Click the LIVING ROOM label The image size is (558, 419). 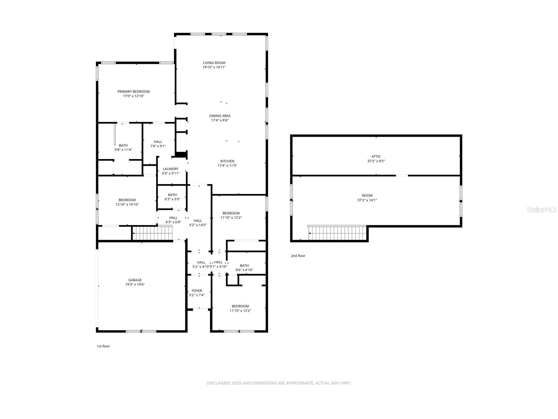click(x=214, y=63)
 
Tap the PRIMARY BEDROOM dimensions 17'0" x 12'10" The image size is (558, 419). click(x=134, y=96)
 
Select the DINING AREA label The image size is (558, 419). click(x=220, y=116)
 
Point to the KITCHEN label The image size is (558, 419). click(x=227, y=161)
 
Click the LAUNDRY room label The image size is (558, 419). click(x=170, y=169)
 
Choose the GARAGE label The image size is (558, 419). click(x=135, y=280)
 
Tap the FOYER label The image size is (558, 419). click(x=197, y=291)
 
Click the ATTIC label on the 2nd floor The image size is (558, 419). click(x=376, y=156)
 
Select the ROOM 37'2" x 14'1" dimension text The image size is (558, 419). click(x=367, y=200)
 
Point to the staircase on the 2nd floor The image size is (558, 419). click(x=337, y=233)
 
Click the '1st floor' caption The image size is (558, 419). click(x=103, y=346)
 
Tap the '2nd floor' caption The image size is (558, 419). click(x=298, y=256)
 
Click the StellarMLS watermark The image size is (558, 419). click(x=541, y=209)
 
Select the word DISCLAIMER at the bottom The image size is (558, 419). click(x=218, y=383)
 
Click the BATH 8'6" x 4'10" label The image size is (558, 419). click(x=244, y=265)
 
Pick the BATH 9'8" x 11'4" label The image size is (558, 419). click(x=123, y=145)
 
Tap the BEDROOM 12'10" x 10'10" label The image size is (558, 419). click(x=127, y=200)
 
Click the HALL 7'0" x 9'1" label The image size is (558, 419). click(x=158, y=142)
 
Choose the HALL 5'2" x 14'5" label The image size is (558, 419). click(x=198, y=221)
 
